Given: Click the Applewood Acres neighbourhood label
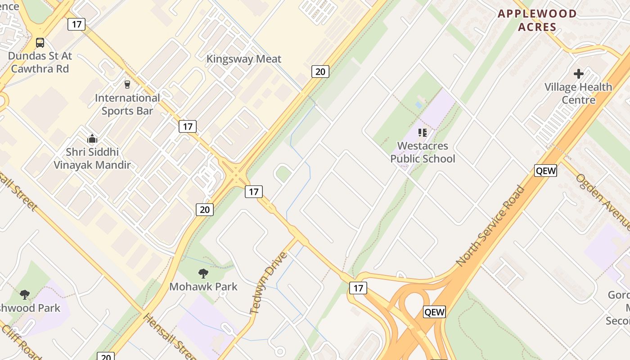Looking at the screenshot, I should tap(537, 20).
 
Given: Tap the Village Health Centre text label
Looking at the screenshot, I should tap(578, 93).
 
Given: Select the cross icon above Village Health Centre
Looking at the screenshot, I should tap(579, 73).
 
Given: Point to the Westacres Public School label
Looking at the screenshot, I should tap(423, 152).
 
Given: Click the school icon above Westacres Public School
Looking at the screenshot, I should tap(422, 132).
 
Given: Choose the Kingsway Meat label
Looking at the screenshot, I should tap(243, 59).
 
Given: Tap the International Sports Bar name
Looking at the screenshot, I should tap(127, 104).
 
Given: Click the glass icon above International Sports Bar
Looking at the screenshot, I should tap(127, 84).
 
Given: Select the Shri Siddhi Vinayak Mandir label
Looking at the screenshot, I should tap(92, 158).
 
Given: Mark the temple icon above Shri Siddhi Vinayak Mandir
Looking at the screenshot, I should tap(92, 138).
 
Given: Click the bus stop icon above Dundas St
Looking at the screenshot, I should tap(40, 43).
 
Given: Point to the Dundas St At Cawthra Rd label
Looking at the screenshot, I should tap(40, 63).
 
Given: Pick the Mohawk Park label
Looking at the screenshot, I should tap(203, 286).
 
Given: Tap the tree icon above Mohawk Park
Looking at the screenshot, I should tap(203, 273).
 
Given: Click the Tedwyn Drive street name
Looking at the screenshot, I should tap(269, 283).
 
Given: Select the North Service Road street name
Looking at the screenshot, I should tap(490, 225).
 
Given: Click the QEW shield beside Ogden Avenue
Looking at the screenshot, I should tap(545, 171).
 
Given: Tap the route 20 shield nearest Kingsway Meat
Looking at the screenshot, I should tap(320, 71).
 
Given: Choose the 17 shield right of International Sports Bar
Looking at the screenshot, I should tap(188, 126).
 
